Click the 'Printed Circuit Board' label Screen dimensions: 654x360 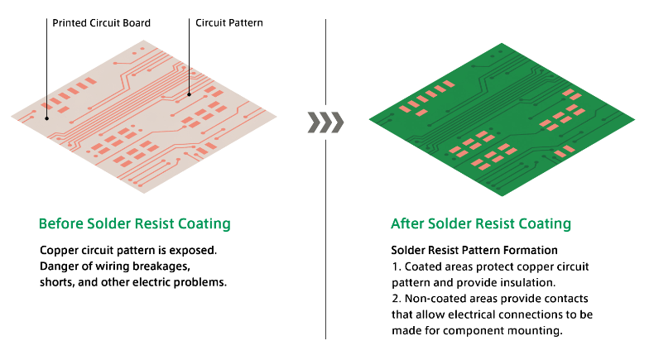(101, 23)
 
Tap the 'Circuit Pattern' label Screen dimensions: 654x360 (229, 23)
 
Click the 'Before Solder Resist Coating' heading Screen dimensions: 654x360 (135, 223)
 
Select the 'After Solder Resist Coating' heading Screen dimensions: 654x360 (481, 223)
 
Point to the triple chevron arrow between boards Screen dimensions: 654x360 (325, 122)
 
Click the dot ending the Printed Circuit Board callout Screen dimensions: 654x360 (46, 118)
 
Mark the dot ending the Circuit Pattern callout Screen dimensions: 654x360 (189, 94)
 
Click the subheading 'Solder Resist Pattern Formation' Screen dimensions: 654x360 (474, 250)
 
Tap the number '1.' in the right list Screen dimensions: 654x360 (397, 266)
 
